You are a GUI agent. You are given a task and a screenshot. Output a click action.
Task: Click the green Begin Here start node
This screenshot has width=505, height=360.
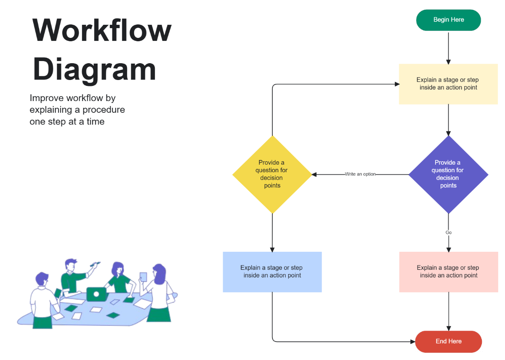[x=448, y=20]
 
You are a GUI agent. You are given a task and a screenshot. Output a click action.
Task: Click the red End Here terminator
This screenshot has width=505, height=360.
[x=448, y=341]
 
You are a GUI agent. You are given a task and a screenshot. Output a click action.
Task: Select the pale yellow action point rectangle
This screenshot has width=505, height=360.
[x=448, y=84]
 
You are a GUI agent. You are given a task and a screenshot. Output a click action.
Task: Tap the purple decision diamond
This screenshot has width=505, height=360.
[x=448, y=174]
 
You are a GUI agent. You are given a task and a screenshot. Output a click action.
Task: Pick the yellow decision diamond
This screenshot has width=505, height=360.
[x=272, y=174]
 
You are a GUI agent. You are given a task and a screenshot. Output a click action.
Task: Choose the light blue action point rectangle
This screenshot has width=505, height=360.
[x=272, y=272]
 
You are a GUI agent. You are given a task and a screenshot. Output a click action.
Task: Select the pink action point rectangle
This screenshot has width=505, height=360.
[x=448, y=272]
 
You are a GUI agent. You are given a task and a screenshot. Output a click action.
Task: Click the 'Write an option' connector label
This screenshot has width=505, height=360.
[x=360, y=174]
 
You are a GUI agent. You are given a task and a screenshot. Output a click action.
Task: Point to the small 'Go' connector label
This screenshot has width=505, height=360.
[x=448, y=232]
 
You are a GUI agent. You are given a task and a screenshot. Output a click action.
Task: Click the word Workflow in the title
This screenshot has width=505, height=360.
[x=102, y=30]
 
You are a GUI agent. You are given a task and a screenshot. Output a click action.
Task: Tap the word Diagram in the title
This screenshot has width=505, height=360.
[x=94, y=69]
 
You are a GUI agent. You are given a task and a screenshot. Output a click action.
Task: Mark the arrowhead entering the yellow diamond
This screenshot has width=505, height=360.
[x=314, y=174]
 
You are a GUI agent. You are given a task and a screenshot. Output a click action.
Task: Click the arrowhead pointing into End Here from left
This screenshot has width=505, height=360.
[x=412, y=341]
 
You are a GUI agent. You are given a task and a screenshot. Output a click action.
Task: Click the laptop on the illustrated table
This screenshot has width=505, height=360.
[x=96, y=294]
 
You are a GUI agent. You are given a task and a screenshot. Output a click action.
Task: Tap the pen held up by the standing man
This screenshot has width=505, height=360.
[x=95, y=264]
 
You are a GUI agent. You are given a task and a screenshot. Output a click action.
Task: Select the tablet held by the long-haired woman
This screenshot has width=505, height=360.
[x=143, y=277]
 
